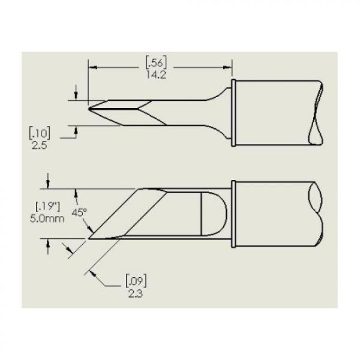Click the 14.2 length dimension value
point(156,75)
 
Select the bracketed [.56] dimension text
point(156,62)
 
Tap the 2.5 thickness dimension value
point(39,145)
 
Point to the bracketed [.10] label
point(40,133)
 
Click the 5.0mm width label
point(47,218)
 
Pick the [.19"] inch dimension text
point(48,206)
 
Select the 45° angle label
point(79,212)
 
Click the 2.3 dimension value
point(136,293)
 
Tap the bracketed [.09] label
point(136,281)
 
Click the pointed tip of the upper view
point(89,109)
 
